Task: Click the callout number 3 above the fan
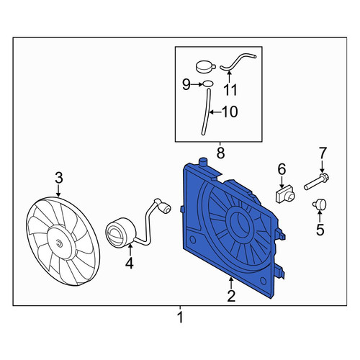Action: pyautogui.click(x=59, y=178)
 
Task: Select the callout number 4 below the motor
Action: pyautogui.click(x=130, y=264)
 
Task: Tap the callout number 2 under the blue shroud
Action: pyautogui.click(x=231, y=296)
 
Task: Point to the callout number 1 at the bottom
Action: pyautogui.click(x=180, y=318)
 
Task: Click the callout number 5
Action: pyautogui.click(x=320, y=230)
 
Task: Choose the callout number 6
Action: pyautogui.click(x=282, y=169)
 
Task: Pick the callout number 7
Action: pyautogui.click(x=323, y=153)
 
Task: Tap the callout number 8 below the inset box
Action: pyautogui.click(x=220, y=153)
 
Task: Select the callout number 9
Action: pyautogui.click(x=186, y=84)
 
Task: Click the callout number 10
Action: pyautogui.click(x=230, y=112)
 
